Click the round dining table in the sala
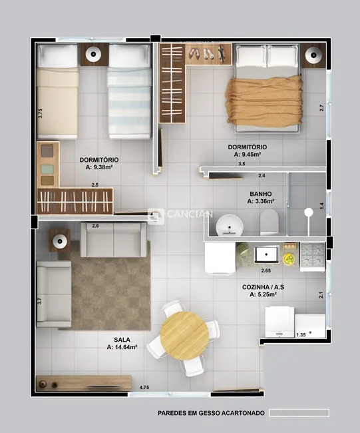184,336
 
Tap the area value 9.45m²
248,155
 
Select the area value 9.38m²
100,168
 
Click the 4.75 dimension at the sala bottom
144,387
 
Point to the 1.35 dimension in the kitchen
301,334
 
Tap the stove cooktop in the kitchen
312,255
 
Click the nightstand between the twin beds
94,55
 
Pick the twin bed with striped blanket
129,92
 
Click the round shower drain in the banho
308,213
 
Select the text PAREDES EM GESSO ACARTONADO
210,413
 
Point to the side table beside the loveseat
59,240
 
